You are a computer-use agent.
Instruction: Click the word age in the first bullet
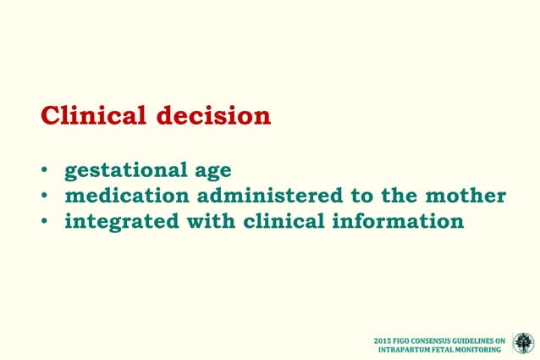point(209,172)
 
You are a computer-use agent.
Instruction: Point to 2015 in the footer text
point(383,341)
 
